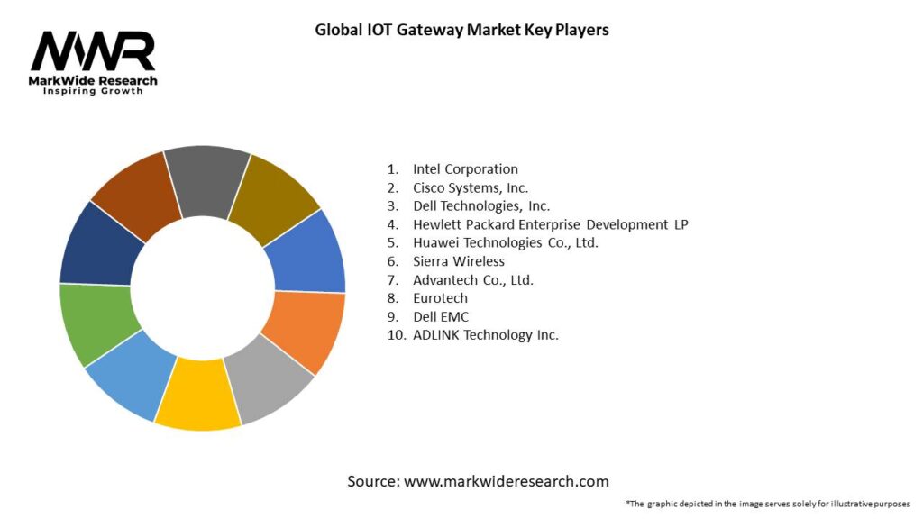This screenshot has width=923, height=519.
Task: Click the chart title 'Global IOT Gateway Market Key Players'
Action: coord(461,30)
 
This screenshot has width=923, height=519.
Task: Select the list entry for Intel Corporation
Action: coord(465,168)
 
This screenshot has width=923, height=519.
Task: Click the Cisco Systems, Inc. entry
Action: coord(471,187)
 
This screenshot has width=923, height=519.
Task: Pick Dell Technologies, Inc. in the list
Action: coord(481,205)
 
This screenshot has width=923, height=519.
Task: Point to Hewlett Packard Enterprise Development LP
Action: coord(550,224)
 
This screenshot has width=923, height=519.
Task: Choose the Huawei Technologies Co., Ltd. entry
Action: coord(506,242)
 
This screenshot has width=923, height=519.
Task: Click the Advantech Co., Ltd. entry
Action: coord(473,279)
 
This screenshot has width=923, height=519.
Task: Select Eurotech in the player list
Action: coord(441,298)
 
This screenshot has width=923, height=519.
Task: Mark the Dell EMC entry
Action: coord(441,316)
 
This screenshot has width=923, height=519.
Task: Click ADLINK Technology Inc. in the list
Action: coord(486,335)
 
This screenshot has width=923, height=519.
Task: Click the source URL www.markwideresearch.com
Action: coord(506,481)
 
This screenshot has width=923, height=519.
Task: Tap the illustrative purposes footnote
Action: coord(767,504)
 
